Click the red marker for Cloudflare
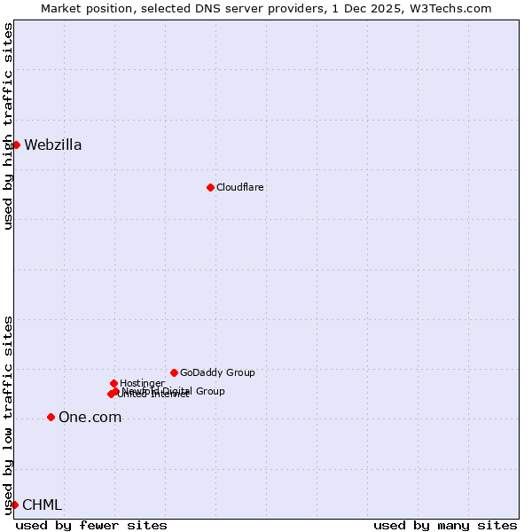(x=210, y=187)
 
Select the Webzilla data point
(x=16, y=145)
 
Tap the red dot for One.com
(x=51, y=417)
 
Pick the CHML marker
(x=14, y=505)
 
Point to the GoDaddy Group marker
(x=174, y=372)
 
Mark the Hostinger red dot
(x=113, y=383)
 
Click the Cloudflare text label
(x=240, y=187)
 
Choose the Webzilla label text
(x=53, y=145)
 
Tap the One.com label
(x=90, y=418)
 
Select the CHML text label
(x=42, y=505)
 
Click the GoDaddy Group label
(x=217, y=372)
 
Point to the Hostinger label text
(x=142, y=383)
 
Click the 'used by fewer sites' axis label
(x=91, y=525)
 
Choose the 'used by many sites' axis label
(x=445, y=525)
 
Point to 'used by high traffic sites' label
(x=9, y=126)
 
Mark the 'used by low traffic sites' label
(x=9, y=415)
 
